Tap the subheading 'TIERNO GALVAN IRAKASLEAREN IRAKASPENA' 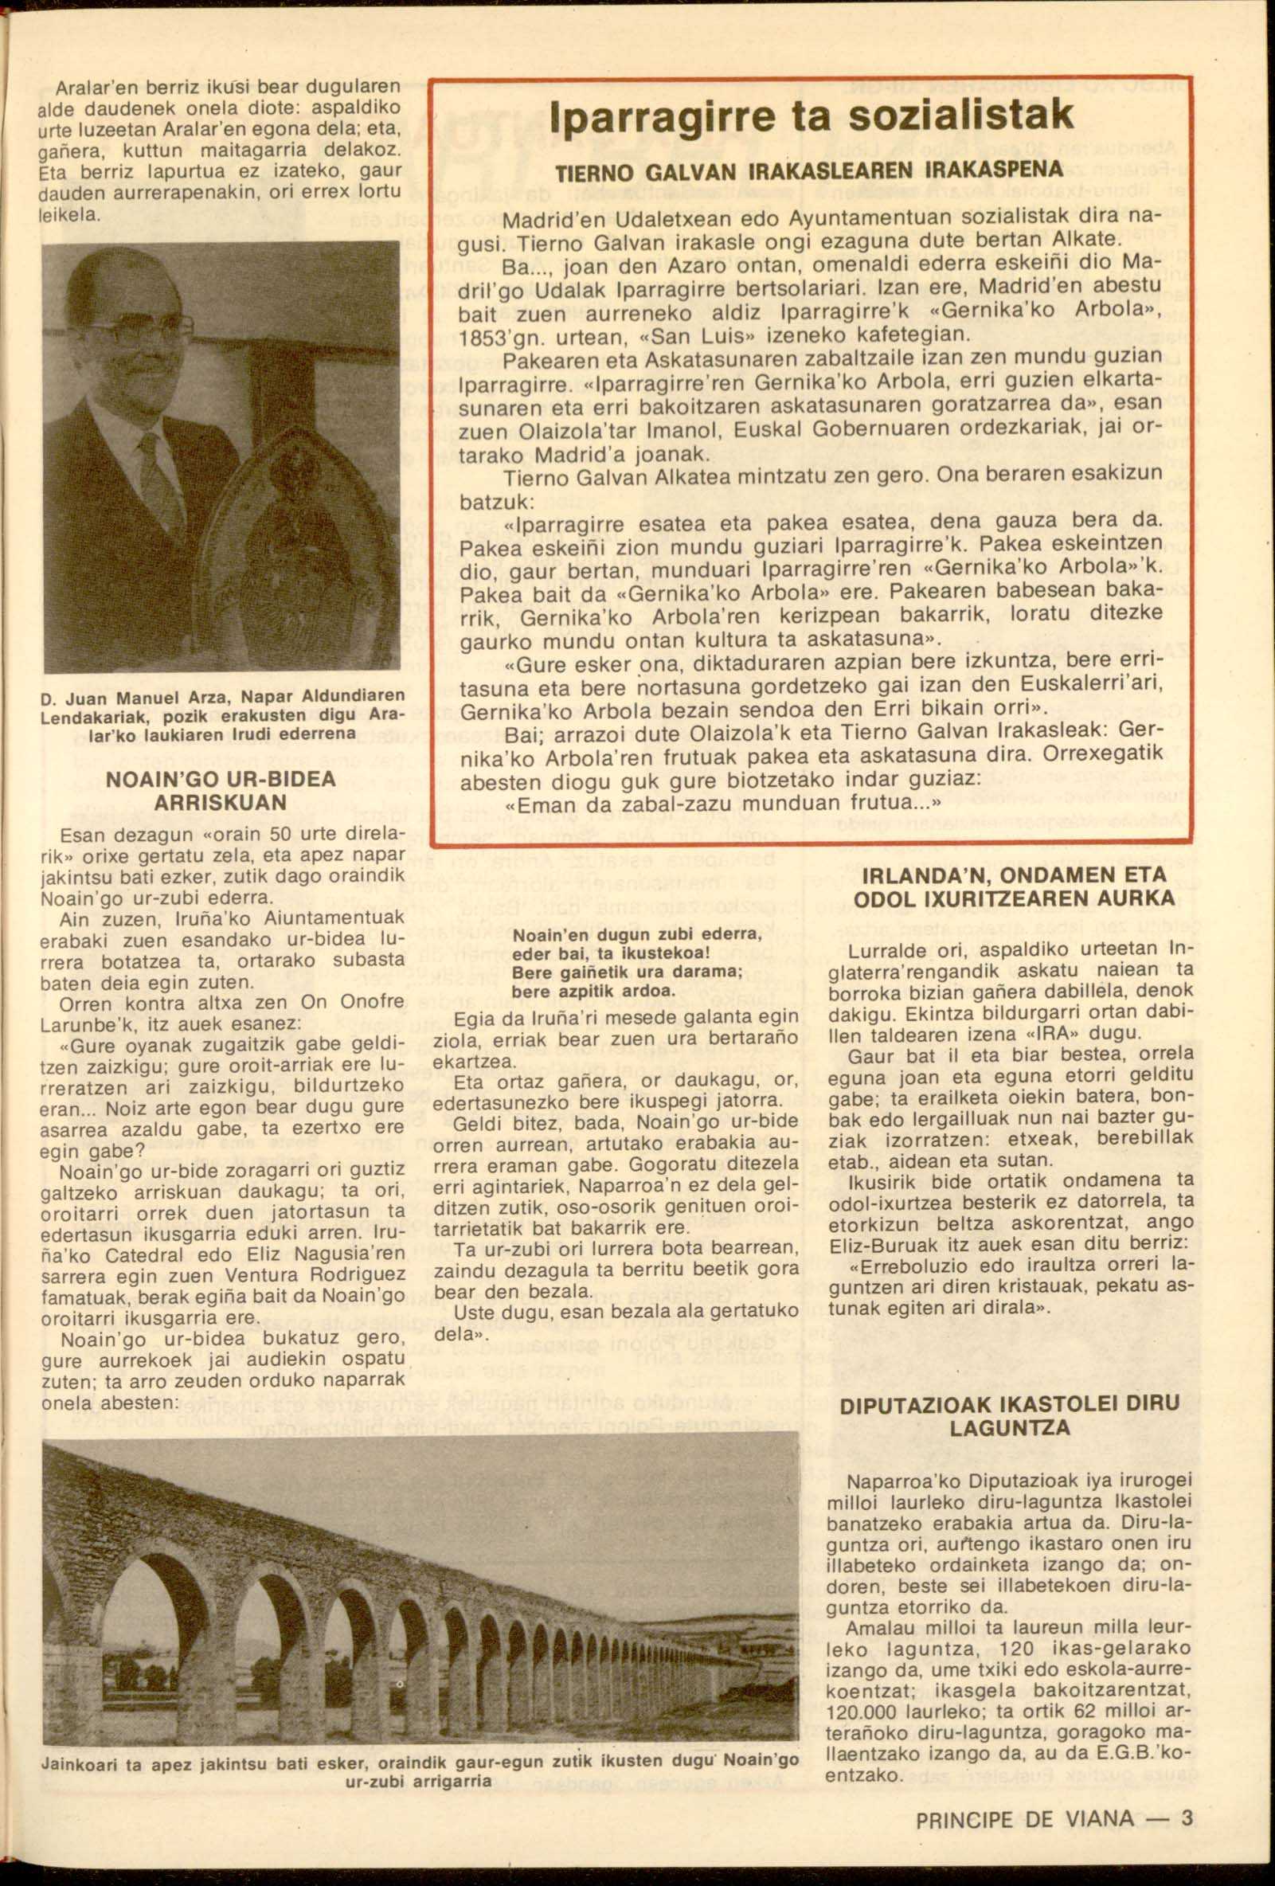(x=808, y=171)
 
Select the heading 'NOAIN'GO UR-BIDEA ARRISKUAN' (x=221, y=790)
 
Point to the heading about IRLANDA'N (x=1015, y=886)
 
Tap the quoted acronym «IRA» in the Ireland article (x=1050, y=1035)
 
